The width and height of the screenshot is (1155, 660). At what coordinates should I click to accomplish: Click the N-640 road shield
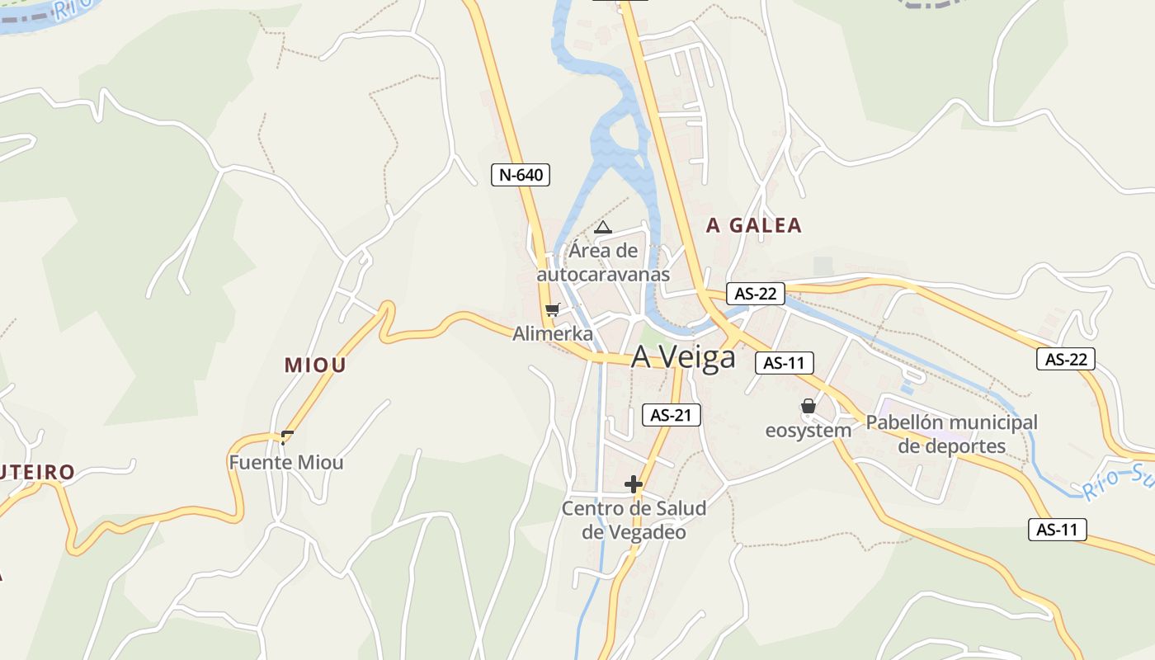(x=521, y=175)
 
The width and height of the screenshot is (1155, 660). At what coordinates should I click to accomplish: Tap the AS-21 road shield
(x=671, y=415)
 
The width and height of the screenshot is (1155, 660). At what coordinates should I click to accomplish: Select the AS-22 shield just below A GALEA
(x=756, y=293)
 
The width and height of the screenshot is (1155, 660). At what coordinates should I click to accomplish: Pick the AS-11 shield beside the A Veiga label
(x=785, y=362)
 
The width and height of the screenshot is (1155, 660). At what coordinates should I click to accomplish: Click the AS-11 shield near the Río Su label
(x=1058, y=530)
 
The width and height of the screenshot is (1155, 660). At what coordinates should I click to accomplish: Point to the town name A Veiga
(x=683, y=357)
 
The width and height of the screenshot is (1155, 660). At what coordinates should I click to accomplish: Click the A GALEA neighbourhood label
(x=754, y=225)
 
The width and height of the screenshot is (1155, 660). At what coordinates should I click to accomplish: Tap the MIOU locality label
(x=315, y=365)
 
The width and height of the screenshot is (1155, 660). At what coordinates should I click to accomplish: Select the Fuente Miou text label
(x=286, y=462)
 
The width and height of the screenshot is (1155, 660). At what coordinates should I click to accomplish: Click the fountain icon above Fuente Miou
(x=287, y=436)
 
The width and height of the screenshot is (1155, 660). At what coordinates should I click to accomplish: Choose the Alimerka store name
(x=553, y=333)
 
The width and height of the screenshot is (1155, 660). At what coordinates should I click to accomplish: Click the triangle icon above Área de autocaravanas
(x=603, y=227)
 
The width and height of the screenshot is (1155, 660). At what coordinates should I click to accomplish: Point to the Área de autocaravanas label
(x=603, y=262)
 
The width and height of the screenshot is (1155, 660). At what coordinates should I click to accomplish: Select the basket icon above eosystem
(x=808, y=406)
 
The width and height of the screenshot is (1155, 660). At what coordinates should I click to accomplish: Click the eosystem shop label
(x=808, y=430)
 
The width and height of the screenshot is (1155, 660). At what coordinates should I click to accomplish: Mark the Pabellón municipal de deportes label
(x=951, y=434)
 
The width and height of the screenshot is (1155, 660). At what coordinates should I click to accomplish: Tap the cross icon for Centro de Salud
(x=634, y=484)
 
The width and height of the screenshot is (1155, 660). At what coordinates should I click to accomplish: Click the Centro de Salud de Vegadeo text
(x=634, y=520)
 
